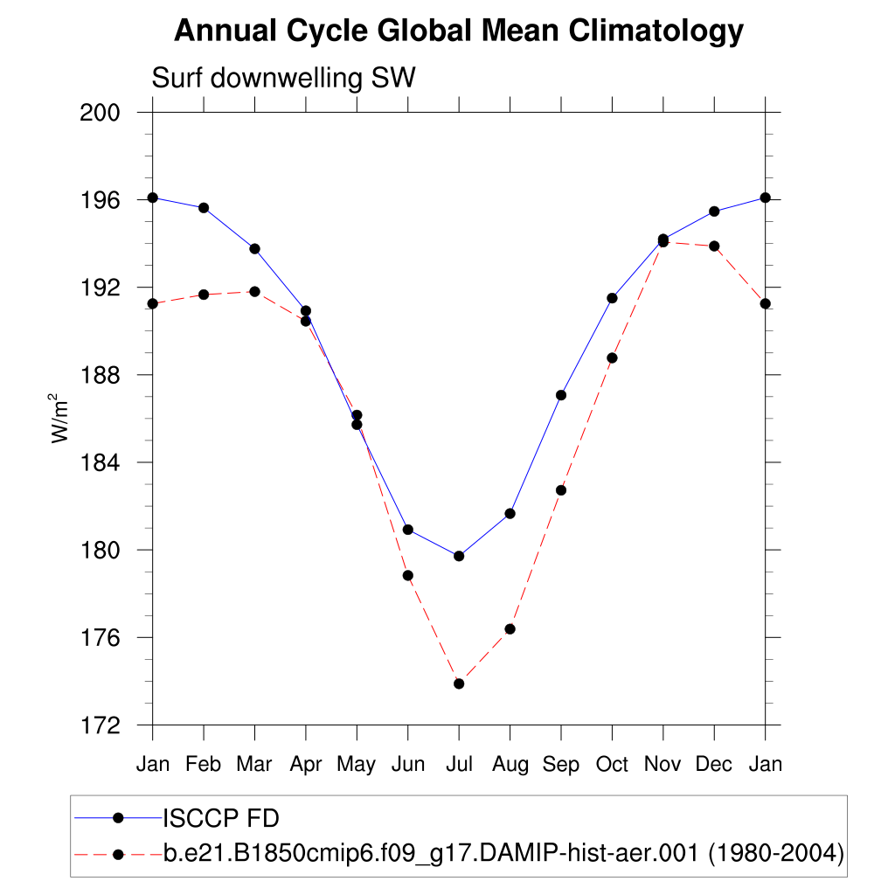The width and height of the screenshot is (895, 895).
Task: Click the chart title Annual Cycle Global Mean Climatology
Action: pyautogui.click(x=458, y=31)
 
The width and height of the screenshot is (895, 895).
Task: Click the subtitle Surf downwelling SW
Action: pyautogui.click(x=283, y=78)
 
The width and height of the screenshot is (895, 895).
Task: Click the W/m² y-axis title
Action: pyautogui.click(x=60, y=419)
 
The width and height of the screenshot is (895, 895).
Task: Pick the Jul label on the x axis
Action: pyautogui.click(x=459, y=765)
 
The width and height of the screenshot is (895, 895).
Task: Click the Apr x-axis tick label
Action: pyautogui.click(x=306, y=765)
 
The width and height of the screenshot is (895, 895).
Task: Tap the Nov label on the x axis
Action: pyautogui.click(x=663, y=765)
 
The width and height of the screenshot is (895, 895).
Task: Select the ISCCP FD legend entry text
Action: pyautogui.click(x=221, y=818)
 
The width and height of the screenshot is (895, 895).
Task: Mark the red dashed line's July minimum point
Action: pyautogui.click(x=459, y=683)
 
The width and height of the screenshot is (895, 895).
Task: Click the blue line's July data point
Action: pyautogui.click(x=459, y=556)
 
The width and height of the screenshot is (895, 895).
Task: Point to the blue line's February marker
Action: pyautogui.click(x=204, y=208)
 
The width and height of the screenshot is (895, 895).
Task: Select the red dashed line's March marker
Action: pyautogui.click(x=254, y=291)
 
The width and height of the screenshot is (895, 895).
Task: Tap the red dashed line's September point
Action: pyautogui.click(x=561, y=490)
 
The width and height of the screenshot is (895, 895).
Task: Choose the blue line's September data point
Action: pyautogui.click(x=561, y=395)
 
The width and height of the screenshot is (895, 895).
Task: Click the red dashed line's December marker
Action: pyautogui.click(x=714, y=246)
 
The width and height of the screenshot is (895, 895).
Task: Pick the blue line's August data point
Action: pyautogui.click(x=510, y=513)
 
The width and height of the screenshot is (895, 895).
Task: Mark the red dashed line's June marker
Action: pyautogui.click(x=408, y=575)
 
